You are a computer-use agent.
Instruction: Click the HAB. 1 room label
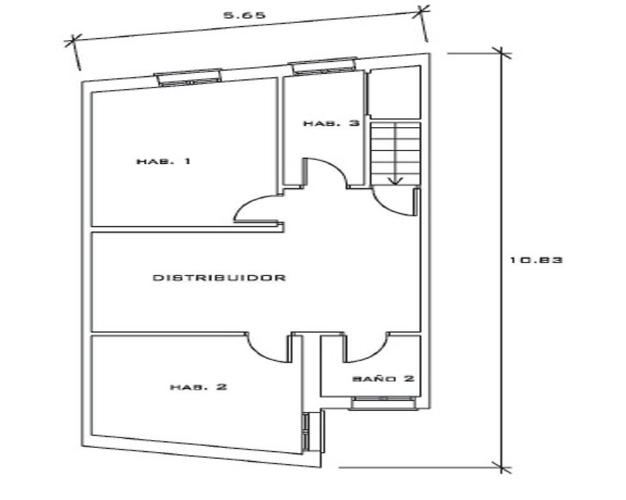click(x=163, y=161)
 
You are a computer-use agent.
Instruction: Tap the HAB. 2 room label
click(x=199, y=387)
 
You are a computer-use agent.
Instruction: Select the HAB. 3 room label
click(x=331, y=123)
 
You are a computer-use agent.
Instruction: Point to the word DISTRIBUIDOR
click(x=220, y=277)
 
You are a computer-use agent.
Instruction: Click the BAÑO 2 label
click(x=384, y=378)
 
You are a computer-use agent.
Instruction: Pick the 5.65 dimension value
click(x=244, y=16)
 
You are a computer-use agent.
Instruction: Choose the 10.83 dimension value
click(x=536, y=260)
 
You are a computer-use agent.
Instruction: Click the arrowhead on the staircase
click(x=395, y=181)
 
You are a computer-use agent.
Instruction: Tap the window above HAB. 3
click(x=324, y=66)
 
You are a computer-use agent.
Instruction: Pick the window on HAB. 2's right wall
click(x=306, y=432)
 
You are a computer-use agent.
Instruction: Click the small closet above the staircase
click(x=394, y=92)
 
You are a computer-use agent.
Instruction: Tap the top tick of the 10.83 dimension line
click(x=501, y=53)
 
